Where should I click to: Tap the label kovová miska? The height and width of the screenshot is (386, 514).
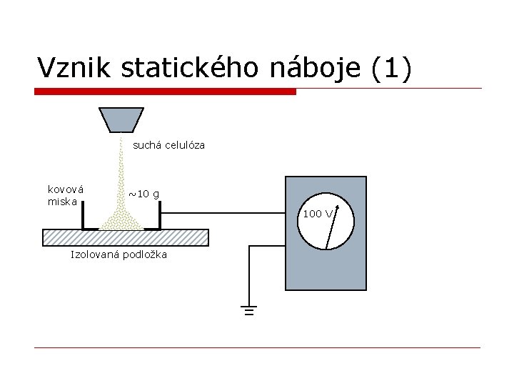(x=65, y=195)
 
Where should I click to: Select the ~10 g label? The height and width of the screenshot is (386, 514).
(x=143, y=194)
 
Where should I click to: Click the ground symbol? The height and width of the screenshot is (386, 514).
(x=248, y=310)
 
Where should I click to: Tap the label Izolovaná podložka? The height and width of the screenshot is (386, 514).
(x=118, y=255)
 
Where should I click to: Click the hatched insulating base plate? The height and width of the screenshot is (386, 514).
(x=126, y=237)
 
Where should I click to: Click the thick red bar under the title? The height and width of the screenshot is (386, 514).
(x=165, y=91)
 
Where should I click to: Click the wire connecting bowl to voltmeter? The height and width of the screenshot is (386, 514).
(x=221, y=212)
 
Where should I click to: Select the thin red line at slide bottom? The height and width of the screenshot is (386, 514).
(x=257, y=348)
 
